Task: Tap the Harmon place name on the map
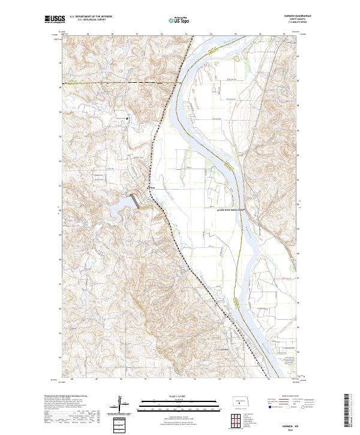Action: click(x=152, y=187)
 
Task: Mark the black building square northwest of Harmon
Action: click(x=127, y=118)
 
